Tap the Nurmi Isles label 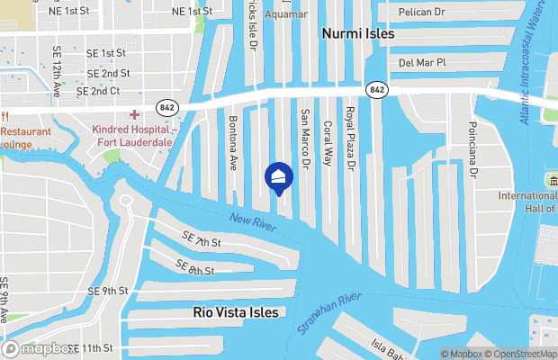[x=358, y=33]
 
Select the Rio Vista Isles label [x=236, y=312]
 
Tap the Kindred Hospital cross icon [x=135, y=114]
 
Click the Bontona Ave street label [x=233, y=143]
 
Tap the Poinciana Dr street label [x=472, y=148]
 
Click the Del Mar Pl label [x=423, y=63]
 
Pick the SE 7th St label [x=201, y=243]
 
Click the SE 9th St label [x=109, y=291]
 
